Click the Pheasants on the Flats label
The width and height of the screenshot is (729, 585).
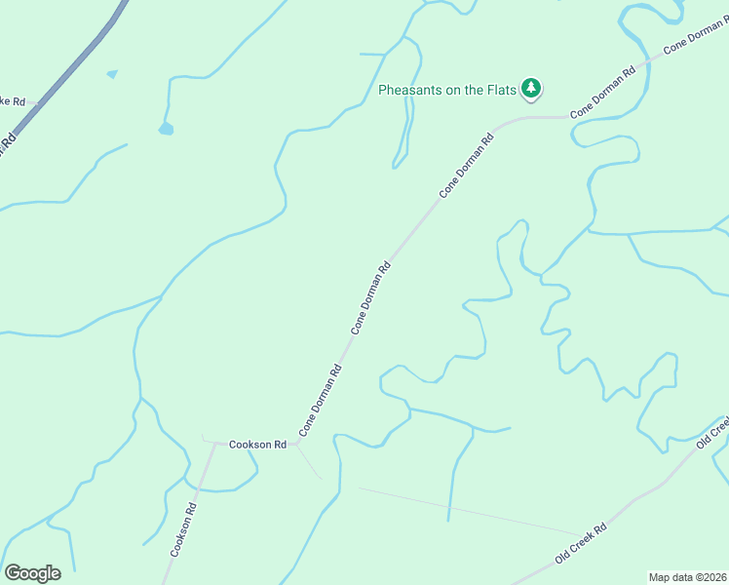coord(445,91)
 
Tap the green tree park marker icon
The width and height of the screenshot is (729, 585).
coord(531,89)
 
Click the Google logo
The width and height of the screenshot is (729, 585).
coord(32,573)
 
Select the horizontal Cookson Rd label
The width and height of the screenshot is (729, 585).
coord(257,445)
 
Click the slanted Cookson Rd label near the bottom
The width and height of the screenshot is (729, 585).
coord(184,530)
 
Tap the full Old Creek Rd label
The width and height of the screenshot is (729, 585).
coord(581,543)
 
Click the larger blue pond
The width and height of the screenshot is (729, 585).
coord(166,128)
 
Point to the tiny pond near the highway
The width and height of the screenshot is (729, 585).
coord(112,73)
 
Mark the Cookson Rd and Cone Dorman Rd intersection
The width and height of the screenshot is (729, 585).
coord(296,444)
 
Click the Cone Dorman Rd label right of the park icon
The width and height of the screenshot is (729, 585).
coord(603,93)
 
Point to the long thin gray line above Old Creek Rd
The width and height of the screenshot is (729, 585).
coord(468,510)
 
